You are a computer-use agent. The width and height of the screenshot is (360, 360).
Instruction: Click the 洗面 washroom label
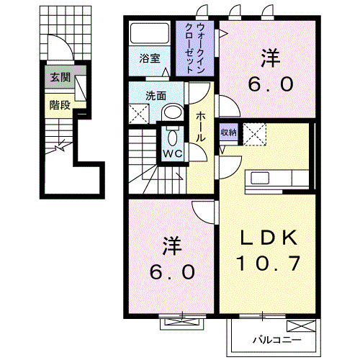click(x=156, y=94)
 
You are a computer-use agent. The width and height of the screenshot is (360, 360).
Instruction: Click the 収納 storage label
click(x=228, y=132)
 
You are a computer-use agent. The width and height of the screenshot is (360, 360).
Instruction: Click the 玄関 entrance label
click(x=59, y=78)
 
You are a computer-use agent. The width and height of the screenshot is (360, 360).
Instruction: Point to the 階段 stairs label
click(x=59, y=104)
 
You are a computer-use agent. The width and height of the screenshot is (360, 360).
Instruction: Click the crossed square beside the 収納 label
click(x=254, y=132)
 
